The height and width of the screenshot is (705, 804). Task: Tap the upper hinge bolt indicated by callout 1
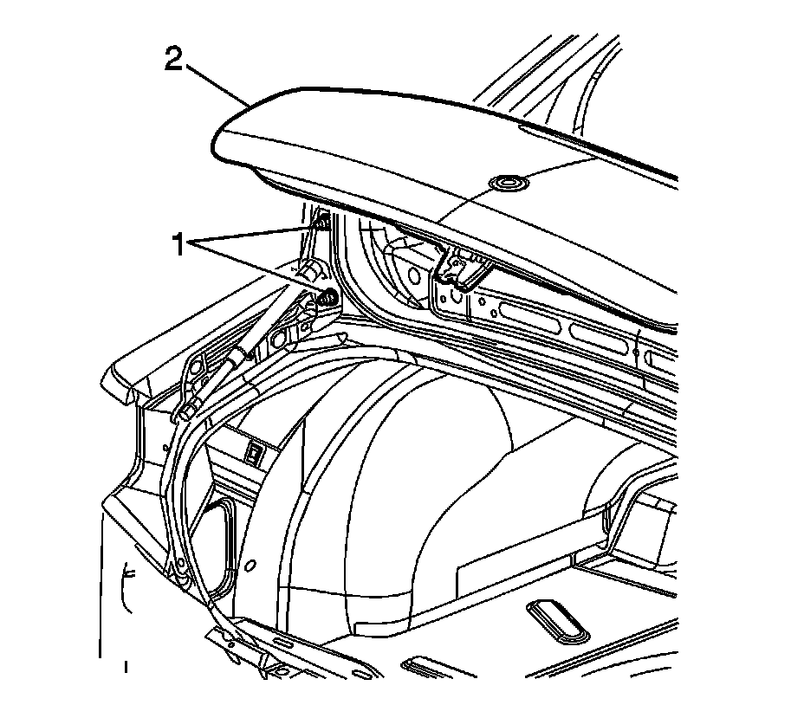tap(319, 224)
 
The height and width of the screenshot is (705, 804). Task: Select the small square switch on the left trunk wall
tap(256, 450)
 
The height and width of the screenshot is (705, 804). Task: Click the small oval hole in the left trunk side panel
tap(250, 567)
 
